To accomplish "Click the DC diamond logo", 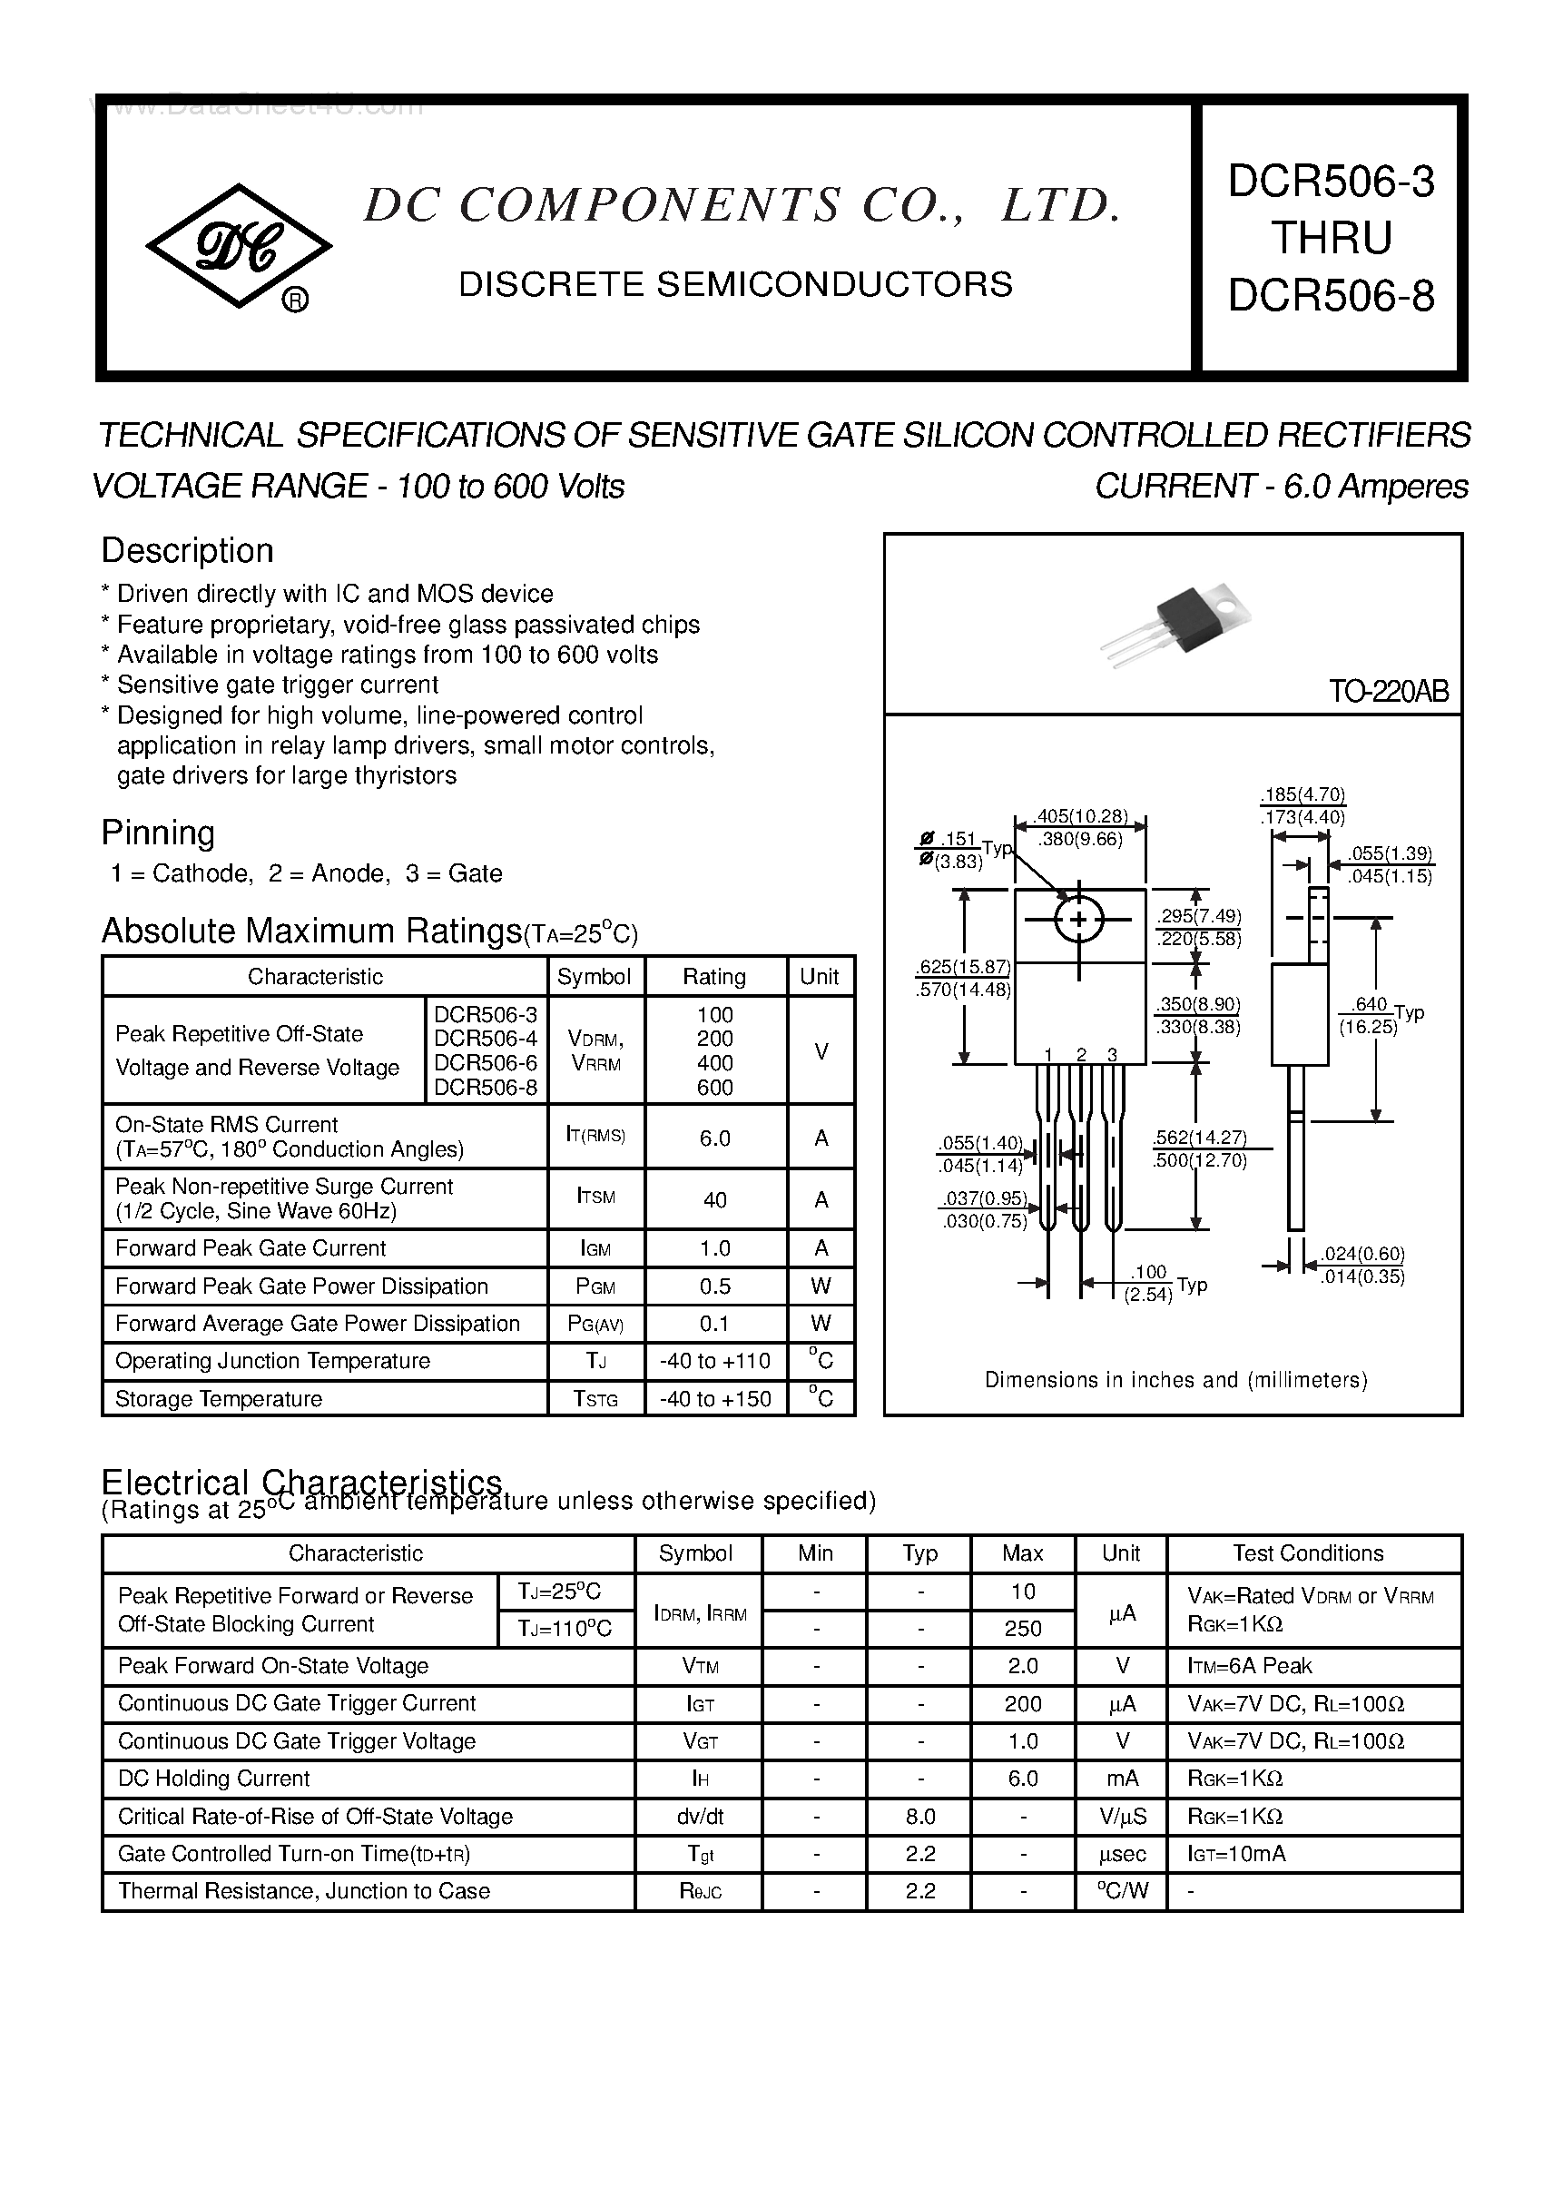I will (238, 246).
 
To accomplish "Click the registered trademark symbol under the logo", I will (294, 301).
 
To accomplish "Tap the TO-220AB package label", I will (1388, 691).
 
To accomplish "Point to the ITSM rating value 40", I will (715, 1199).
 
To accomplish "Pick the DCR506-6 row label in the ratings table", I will (485, 1063).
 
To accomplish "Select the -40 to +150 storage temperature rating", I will (715, 1399).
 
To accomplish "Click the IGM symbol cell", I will (595, 1248).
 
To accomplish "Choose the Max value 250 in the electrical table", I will (1022, 1628).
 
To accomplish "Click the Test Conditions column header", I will (1308, 1552).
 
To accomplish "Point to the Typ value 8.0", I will (920, 1817).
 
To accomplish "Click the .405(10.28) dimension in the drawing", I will (1080, 816).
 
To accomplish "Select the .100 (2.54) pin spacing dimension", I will (1148, 1283).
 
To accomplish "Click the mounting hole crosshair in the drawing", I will (1079, 920).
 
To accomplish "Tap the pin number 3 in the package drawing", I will (1112, 1054).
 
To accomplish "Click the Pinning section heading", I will (158, 832).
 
